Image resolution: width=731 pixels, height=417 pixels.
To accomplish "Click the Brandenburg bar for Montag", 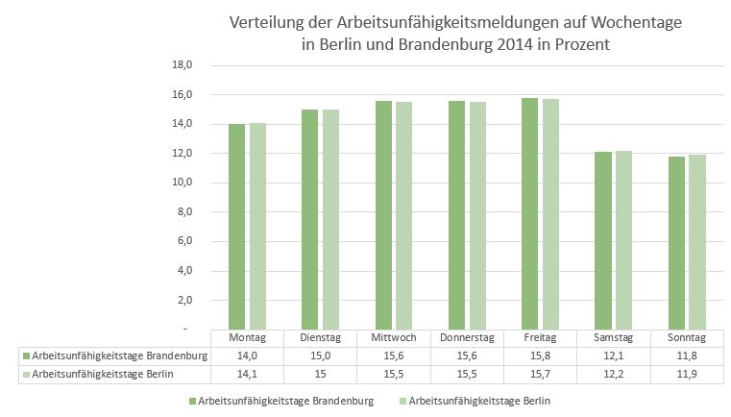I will pyautogui.click(x=236, y=227).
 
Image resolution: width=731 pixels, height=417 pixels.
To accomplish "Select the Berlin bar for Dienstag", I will pyautogui.click(x=329, y=219).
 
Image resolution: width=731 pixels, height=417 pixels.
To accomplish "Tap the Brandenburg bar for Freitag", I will pyautogui.click(x=528, y=213).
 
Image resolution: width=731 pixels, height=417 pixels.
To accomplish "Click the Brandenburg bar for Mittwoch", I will pyautogui.click(x=382, y=215).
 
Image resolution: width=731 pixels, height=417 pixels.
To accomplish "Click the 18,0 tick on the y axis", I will pyautogui.click(x=182, y=65).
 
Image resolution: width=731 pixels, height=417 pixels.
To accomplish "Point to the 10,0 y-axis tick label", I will pyautogui.click(x=182, y=183).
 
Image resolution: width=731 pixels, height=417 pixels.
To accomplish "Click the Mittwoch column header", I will pyautogui.click(x=393, y=338).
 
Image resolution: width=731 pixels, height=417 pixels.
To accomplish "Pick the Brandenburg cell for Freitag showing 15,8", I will pyautogui.click(x=539, y=356).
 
